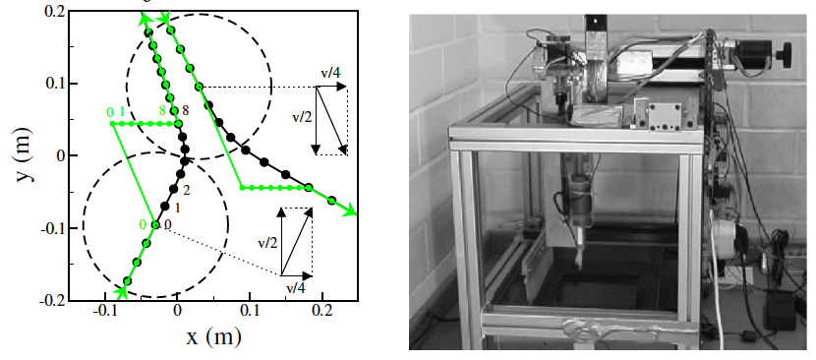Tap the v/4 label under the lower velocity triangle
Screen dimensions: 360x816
click(295, 287)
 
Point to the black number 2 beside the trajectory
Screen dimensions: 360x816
click(185, 188)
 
